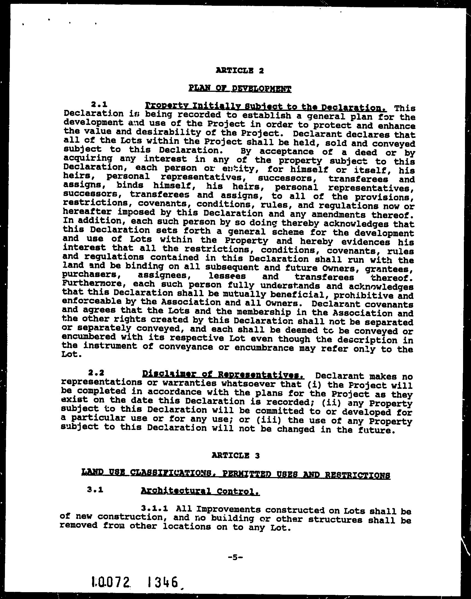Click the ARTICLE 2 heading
(x=240, y=71)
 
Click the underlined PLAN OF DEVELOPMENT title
(x=240, y=89)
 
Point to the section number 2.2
(x=96, y=373)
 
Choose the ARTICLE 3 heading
(x=236, y=455)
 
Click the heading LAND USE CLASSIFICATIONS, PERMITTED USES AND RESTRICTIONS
(x=236, y=474)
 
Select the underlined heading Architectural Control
(x=200, y=491)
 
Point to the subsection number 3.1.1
(x=155, y=508)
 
